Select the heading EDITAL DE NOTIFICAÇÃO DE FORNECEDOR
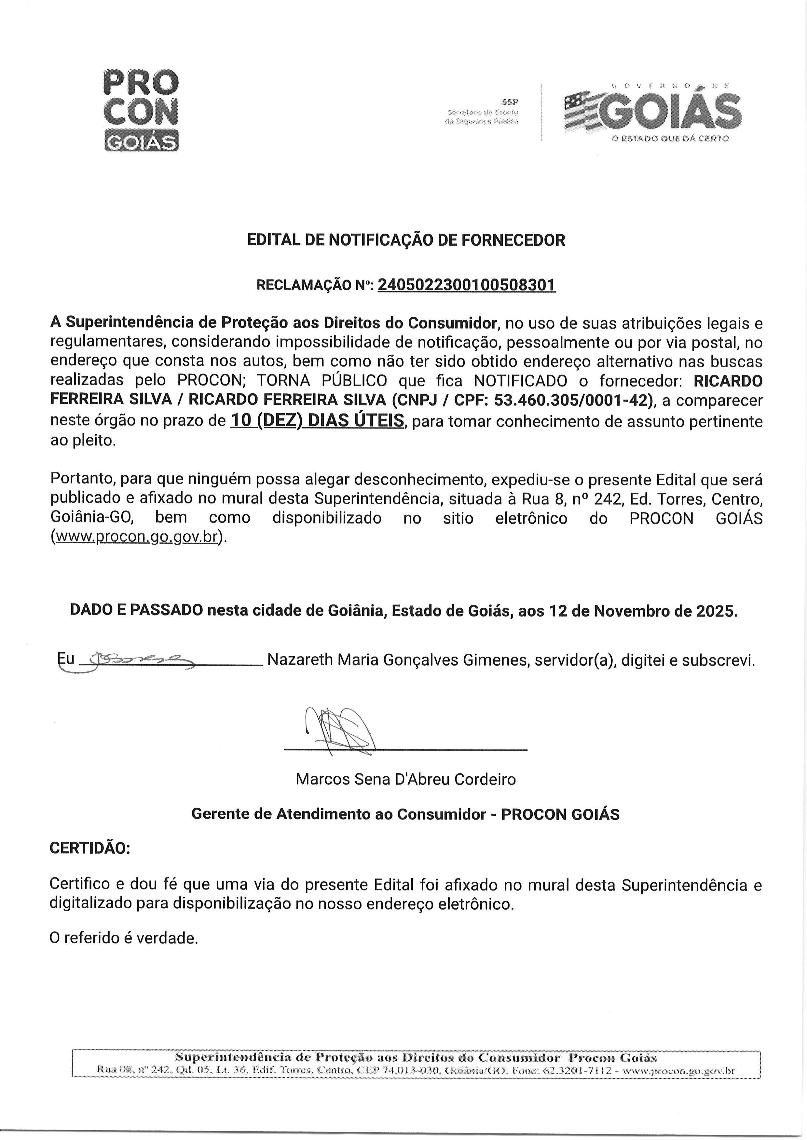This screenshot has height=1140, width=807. click(406, 240)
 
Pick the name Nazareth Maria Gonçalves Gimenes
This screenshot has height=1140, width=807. click(398, 660)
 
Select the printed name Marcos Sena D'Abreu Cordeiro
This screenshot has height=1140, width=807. click(405, 779)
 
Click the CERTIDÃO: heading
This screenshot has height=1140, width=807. click(90, 848)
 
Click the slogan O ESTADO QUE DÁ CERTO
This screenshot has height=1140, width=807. click(670, 139)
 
